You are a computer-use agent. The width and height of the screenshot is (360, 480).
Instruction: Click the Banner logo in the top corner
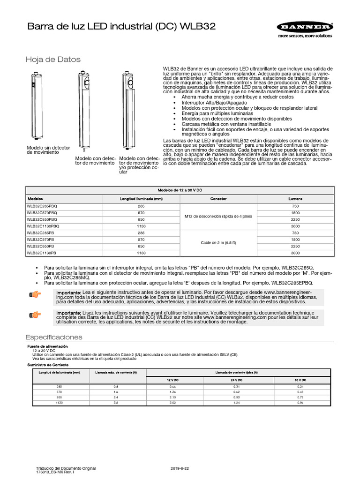304,27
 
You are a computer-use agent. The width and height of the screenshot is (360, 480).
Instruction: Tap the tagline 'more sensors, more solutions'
304,36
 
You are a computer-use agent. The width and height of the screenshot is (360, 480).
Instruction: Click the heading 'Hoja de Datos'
52,60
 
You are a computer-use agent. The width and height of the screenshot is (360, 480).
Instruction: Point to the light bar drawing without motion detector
36,105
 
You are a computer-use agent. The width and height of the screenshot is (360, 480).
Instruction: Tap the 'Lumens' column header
295,199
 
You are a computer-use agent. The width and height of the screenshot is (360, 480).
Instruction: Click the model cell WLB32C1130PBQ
43,225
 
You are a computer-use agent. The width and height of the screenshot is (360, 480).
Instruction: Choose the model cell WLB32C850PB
41,246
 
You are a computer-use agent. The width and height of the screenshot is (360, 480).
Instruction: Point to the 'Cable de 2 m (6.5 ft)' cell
218,242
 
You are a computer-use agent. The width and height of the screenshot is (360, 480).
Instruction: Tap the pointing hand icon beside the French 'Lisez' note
35,315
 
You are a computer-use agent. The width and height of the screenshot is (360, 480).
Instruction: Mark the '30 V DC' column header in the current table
300,380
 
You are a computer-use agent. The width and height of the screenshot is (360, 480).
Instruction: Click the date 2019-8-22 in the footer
180,468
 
